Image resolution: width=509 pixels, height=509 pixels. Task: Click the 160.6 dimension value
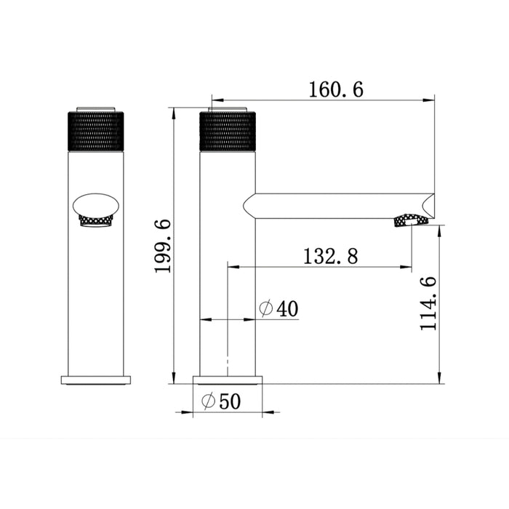(336, 89)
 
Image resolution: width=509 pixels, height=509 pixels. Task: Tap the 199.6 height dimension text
(163, 247)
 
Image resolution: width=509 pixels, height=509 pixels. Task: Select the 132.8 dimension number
(330, 256)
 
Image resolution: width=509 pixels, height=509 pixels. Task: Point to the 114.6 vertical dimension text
(428, 304)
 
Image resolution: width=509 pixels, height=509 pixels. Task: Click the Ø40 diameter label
(278, 308)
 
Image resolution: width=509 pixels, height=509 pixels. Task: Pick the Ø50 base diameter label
(221, 401)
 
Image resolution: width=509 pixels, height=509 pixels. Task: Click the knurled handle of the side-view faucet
(228, 132)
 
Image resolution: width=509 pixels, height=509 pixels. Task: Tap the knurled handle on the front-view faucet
(96, 132)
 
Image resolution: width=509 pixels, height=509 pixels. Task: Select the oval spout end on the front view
(96, 206)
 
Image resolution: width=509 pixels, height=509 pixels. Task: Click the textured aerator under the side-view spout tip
(411, 220)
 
